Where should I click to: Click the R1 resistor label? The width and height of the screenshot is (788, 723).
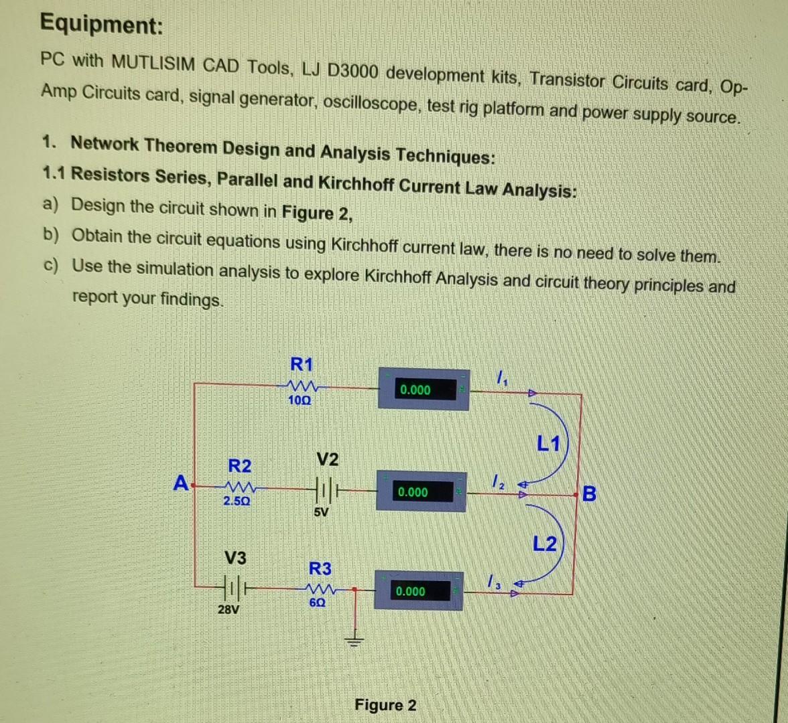tap(301, 365)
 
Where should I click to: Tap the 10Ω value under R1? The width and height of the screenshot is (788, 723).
tap(300, 400)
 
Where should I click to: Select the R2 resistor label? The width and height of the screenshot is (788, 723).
tap(240, 465)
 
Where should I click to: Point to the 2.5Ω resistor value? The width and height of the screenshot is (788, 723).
tap(237, 501)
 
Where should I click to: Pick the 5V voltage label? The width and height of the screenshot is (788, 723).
tap(321, 513)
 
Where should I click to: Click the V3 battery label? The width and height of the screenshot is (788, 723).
tap(235, 558)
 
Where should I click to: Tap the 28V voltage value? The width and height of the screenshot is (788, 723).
tap(228, 610)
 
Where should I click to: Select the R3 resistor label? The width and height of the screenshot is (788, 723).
tap(320, 569)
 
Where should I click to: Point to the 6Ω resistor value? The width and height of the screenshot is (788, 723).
tap(318, 602)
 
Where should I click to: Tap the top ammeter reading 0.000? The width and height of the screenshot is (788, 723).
tap(415, 390)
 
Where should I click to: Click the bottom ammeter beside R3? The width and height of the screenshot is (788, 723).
tap(418, 590)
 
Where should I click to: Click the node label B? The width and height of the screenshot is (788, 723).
tap(589, 494)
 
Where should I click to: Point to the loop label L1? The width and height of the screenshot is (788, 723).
tap(548, 443)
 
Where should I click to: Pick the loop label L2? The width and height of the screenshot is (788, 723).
tap(545, 544)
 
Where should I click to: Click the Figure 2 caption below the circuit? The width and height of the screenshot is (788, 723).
tap(385, 705)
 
